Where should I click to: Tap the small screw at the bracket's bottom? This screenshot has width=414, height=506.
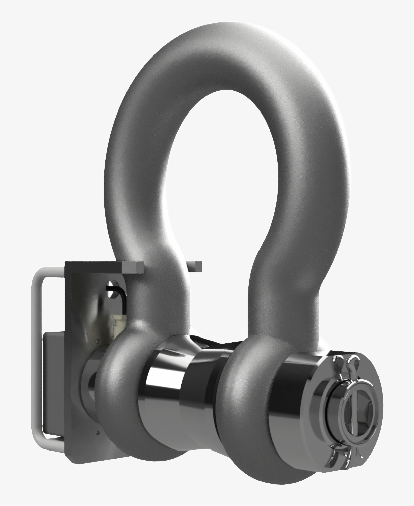click(95, 432)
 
